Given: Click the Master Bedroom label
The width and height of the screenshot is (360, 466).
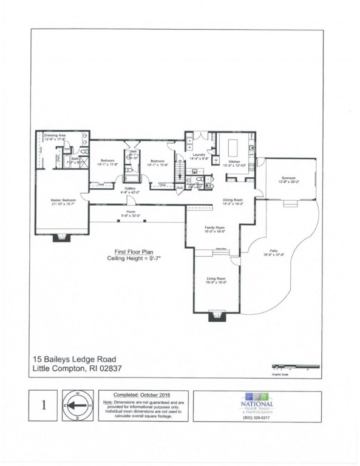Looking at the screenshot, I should (x=63, y=200).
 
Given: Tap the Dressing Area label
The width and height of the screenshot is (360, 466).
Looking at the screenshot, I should (x=55, y=135).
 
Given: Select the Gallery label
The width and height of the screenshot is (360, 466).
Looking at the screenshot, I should (x=130, y=188).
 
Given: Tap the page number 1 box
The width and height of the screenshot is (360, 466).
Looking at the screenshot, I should (x=44, y=405).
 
